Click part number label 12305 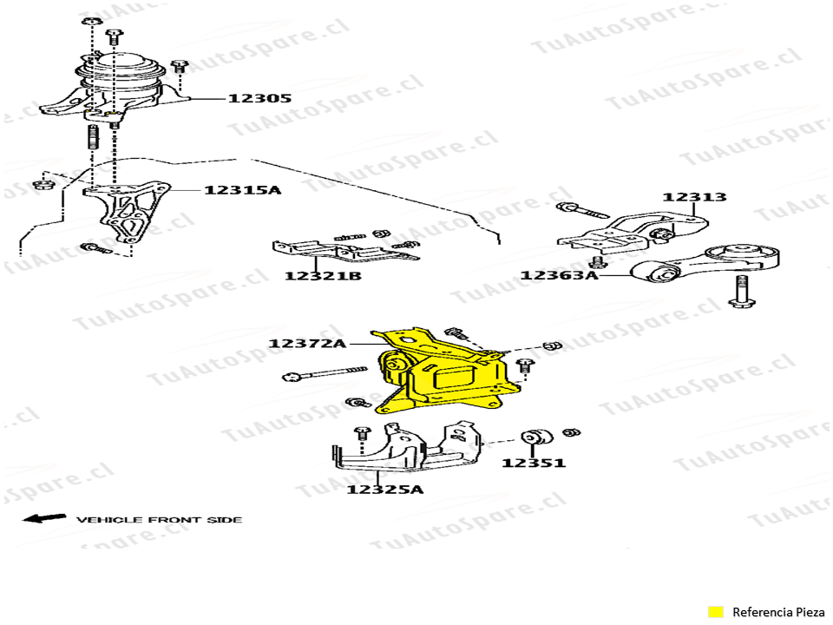[259, 98]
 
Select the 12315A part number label [242, 190]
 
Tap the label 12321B [323, 276]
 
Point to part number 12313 [694, 197]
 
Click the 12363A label [559, 275]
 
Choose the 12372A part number [307, 344]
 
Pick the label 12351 [534, 463]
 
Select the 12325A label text [385, 489]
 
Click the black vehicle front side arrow [44, 517]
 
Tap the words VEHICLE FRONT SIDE [160, 520]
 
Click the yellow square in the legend [716, 612]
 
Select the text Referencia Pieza [778, 612]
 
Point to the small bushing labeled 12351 [536, 437]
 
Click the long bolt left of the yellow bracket [325, 373]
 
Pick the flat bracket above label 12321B [344, 251]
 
